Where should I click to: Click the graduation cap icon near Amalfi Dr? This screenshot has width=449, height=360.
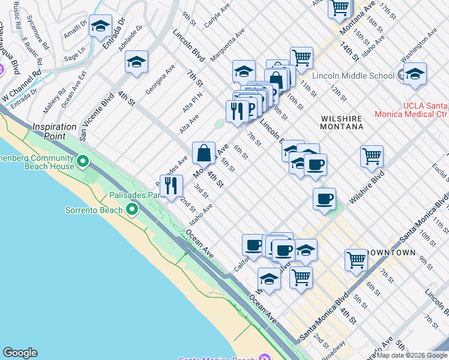(100, 26)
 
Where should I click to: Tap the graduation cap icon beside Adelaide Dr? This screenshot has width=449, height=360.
(137, 62)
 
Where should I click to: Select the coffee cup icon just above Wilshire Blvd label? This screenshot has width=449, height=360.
(324, 199)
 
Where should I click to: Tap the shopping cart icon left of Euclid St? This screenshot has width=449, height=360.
(372, 157)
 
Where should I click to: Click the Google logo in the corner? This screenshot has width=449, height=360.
(20, 353)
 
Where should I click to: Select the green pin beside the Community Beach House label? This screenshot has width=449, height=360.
(83, 161)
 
